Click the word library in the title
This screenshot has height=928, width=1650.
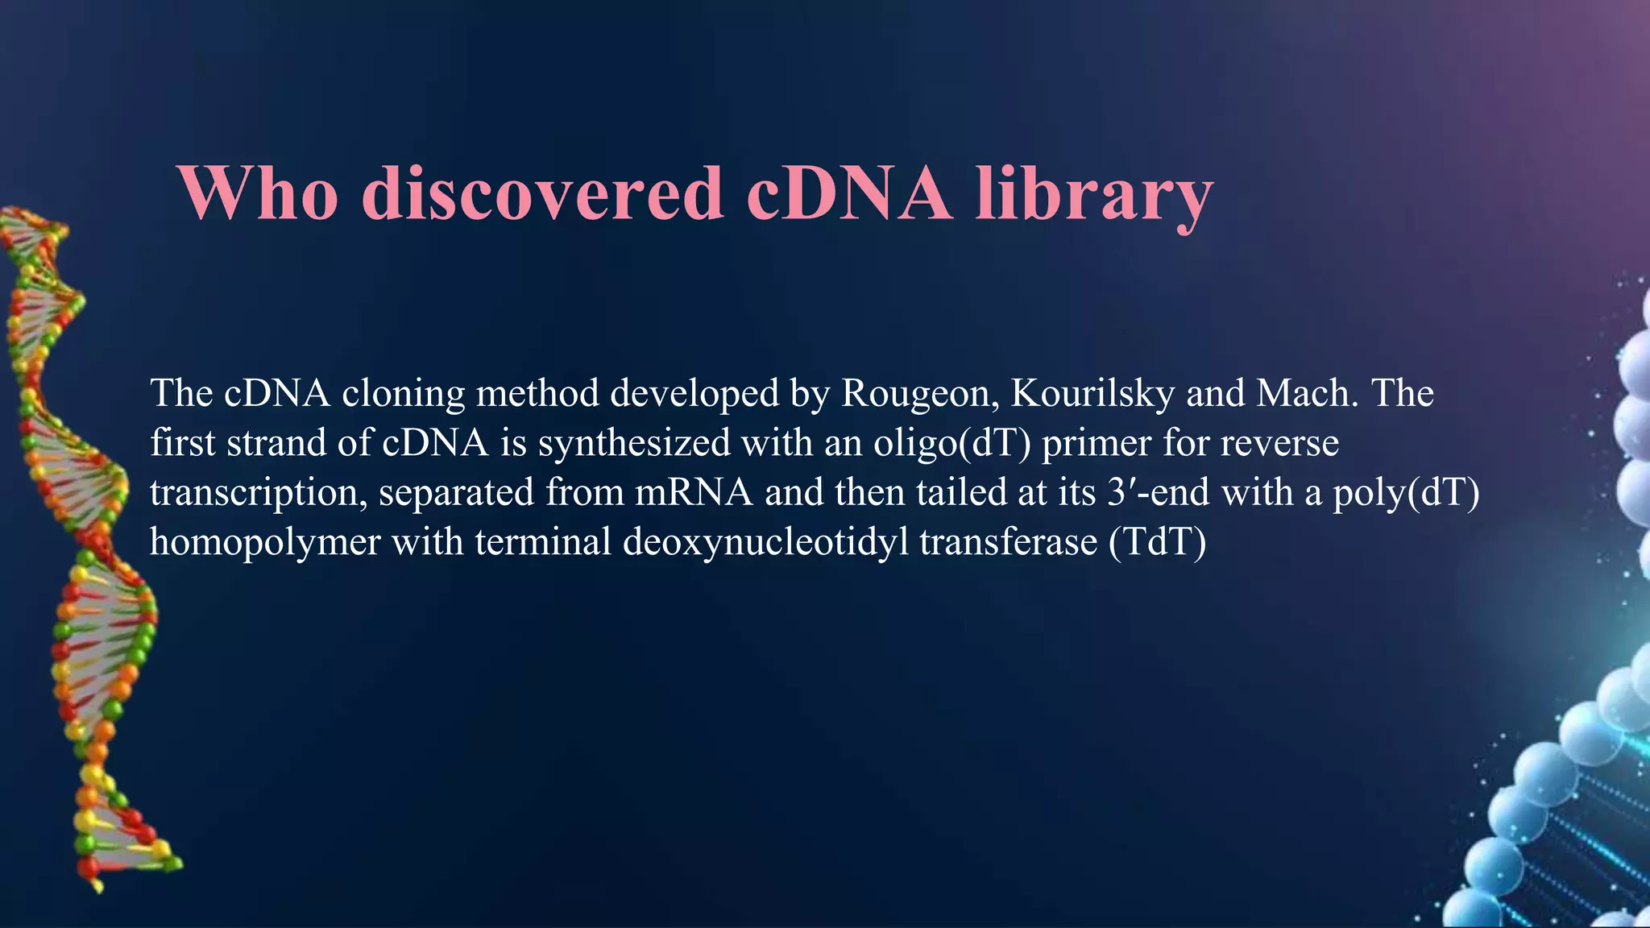point(1093,195)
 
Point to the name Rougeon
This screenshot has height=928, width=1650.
point(915,393)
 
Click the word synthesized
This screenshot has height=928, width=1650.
point(634,443)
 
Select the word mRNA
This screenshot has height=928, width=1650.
point(694,492)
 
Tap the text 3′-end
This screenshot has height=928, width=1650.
point(1158,492)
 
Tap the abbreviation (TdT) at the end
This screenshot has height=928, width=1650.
point(1158,542)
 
